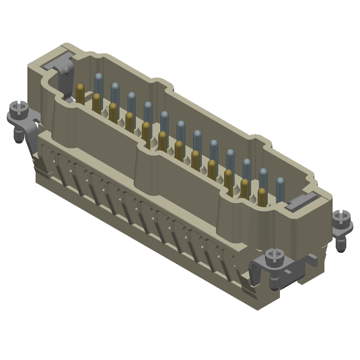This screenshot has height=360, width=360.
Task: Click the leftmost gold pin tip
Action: point(80,87)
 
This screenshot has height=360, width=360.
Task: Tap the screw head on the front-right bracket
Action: point(273,255)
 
